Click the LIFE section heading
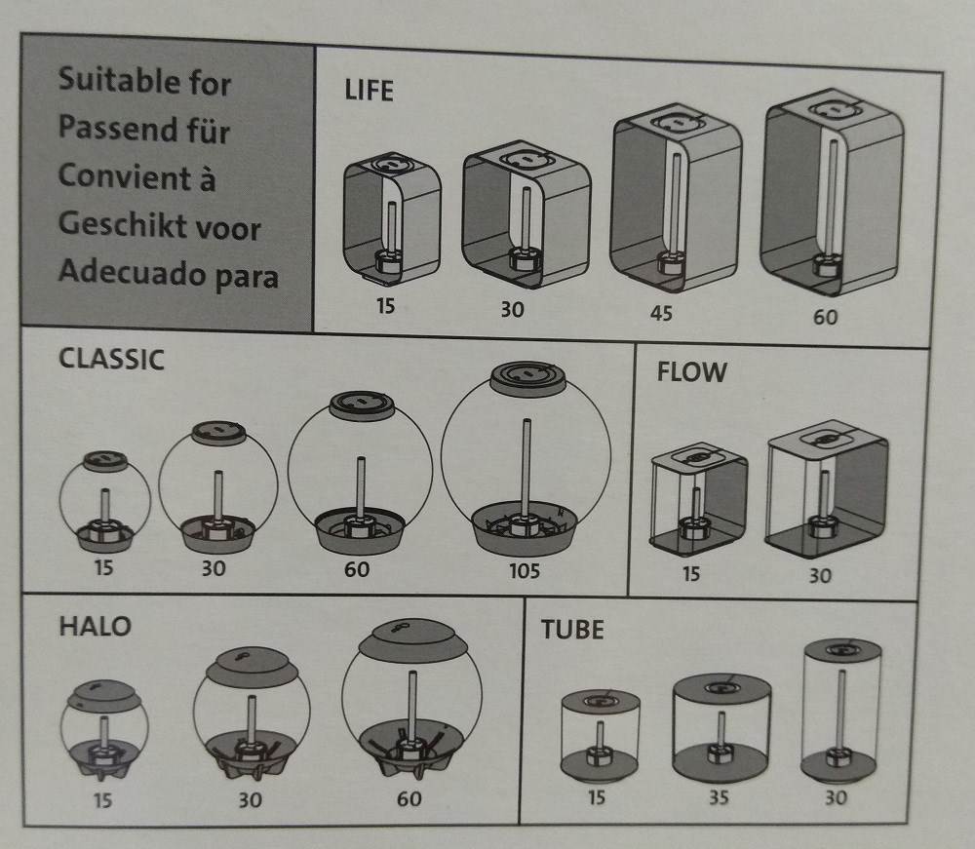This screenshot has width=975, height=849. pos(369,91)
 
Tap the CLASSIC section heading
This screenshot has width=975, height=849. pos(111,360)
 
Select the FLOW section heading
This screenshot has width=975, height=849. pos(691,372)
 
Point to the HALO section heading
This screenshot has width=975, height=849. pos(96,627)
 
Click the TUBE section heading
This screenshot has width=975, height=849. pos(572,630)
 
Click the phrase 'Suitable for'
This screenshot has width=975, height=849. pos(144,82)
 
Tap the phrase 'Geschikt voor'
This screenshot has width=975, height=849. pos(159,225)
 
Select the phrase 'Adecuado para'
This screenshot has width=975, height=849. pos(168,274)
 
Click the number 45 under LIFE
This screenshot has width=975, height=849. pos(661,313)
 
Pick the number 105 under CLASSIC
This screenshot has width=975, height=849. pos(525,570)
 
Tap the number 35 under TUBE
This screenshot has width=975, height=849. pos(719,796)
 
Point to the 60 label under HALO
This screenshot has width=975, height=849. pos(409,798)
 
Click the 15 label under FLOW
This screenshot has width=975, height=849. pos(691,573)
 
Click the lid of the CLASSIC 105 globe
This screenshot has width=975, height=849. pos(527,377)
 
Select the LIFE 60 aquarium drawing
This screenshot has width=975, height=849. pos(832,192)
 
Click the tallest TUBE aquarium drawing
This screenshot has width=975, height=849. pos(840,710)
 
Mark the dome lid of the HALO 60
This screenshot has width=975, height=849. pos(412,640)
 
